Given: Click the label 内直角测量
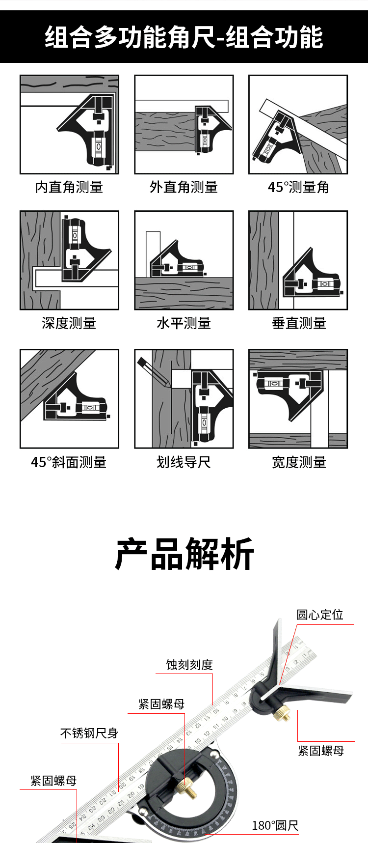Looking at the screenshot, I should tap(69, 187).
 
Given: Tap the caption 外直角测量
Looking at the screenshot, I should tap(184, 187).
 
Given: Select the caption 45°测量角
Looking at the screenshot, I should tap(298, 187).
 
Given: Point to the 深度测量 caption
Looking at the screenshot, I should tap(69, 323).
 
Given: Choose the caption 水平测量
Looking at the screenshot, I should tap(184, 323).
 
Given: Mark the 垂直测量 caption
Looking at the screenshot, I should tap(299, 323).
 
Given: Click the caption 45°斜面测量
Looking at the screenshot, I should tap(69, 462).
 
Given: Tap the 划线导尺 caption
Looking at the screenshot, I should tap(184, 462).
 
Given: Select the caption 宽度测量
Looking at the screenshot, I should tap(299, 462).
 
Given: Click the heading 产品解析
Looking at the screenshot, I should tap(184, 554).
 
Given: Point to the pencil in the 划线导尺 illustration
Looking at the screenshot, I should tap(153, 371).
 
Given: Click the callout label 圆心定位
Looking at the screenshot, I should tap(319, 615).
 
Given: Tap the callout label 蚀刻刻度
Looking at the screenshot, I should tap(189, 665).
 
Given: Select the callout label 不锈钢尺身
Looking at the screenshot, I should tap(89, 733).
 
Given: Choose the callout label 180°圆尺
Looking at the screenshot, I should tap(275, 826).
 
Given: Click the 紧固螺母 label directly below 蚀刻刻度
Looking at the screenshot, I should tap(161, 704).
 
